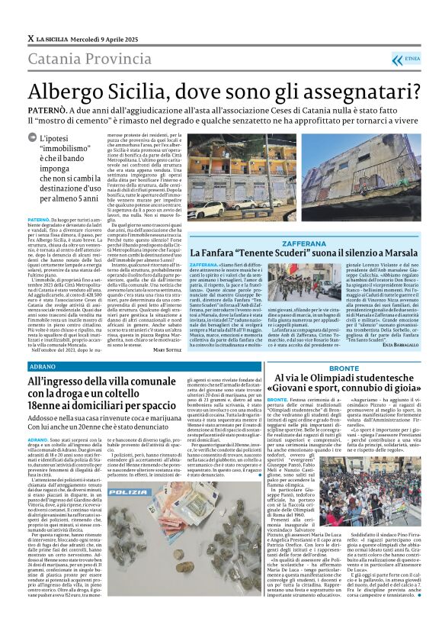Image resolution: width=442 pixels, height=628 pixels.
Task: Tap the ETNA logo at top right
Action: (x=412, y=58)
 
